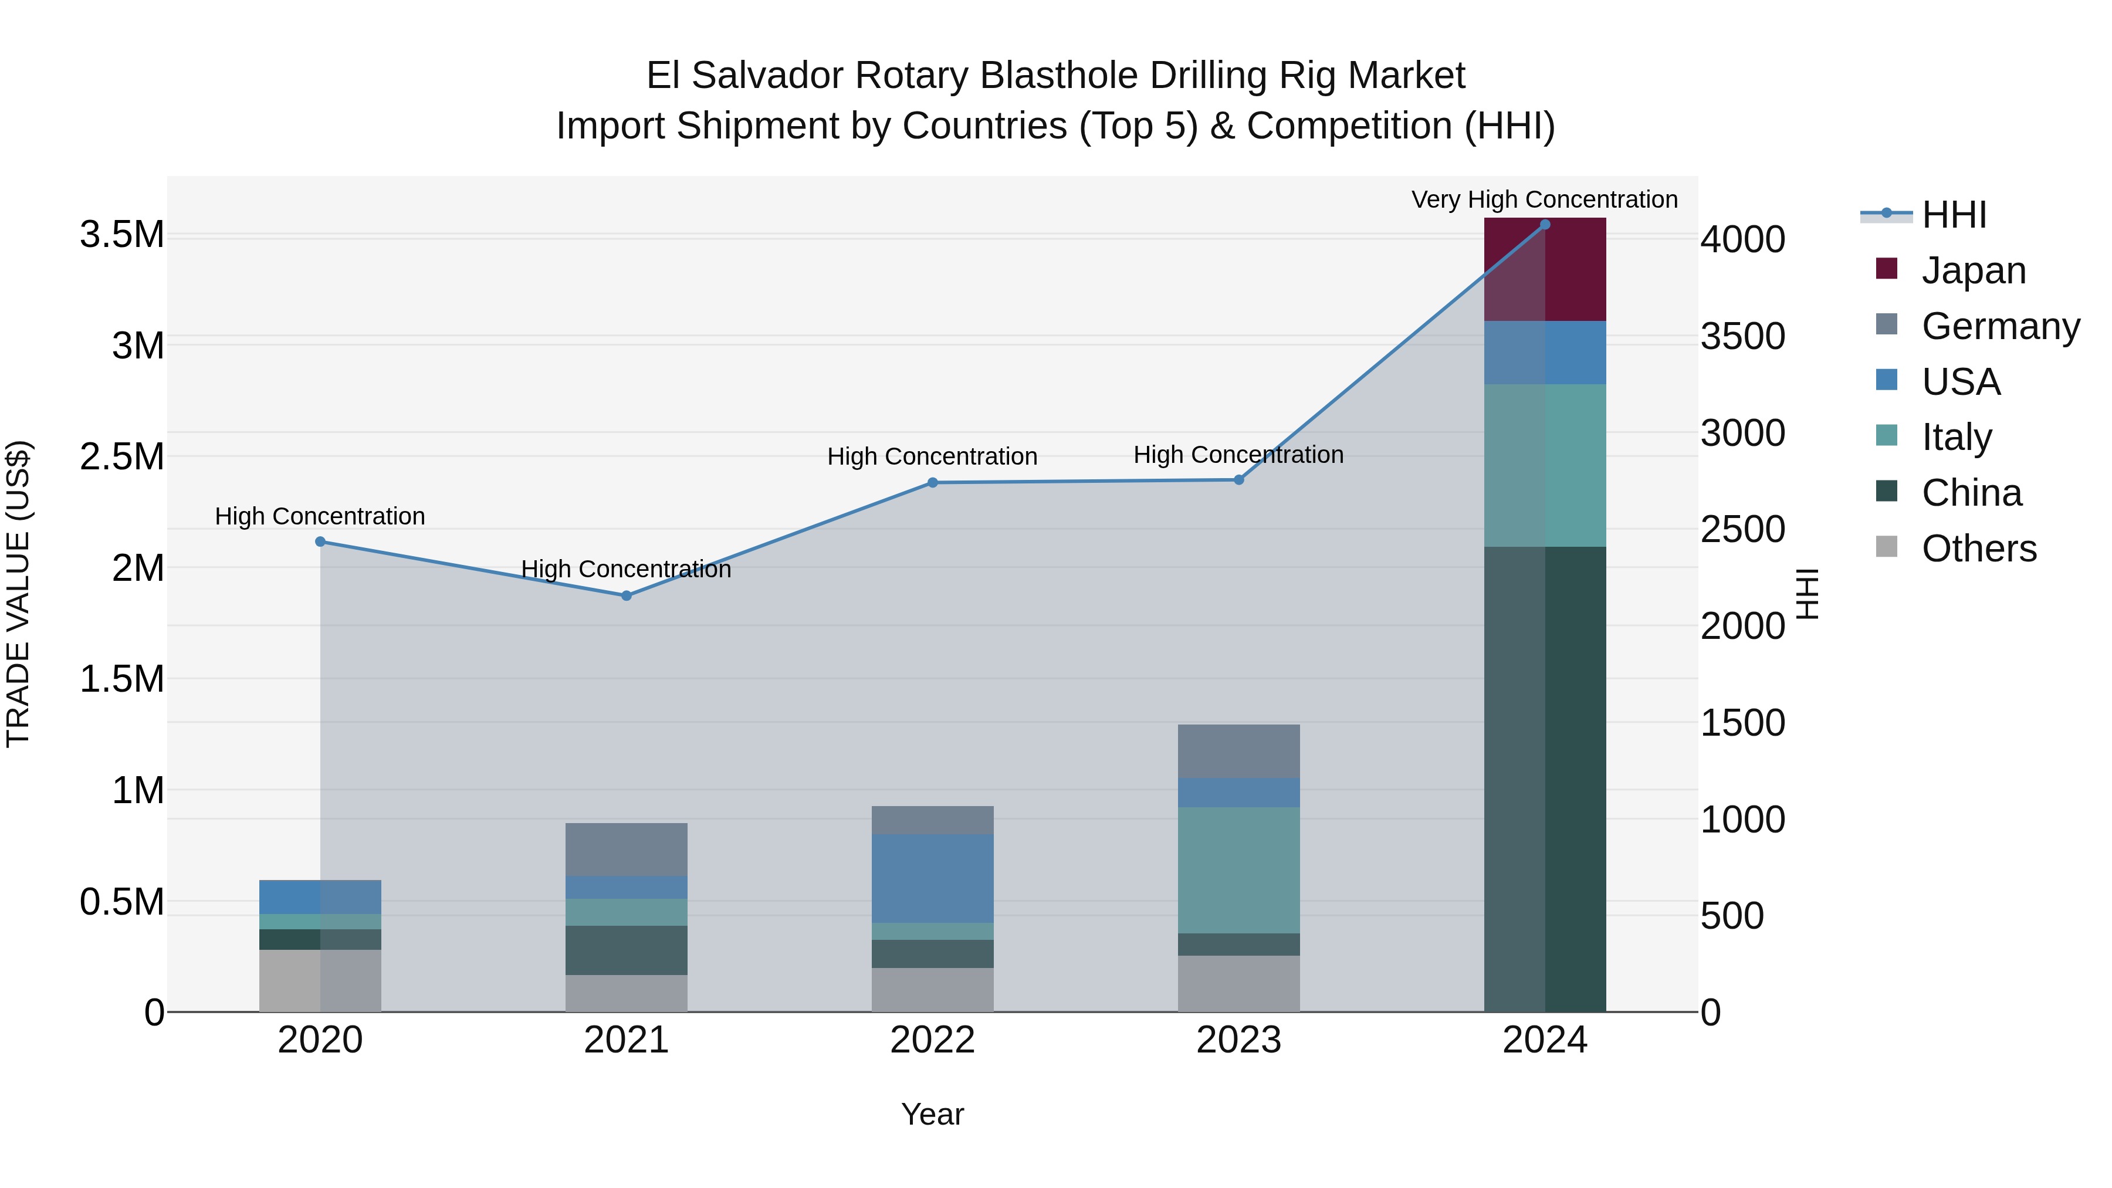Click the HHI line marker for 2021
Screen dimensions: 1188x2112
[627, 596]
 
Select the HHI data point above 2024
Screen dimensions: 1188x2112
[1545, 225]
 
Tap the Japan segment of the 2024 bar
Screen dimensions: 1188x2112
[1545, 270]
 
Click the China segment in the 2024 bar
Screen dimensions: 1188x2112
[1545, 779]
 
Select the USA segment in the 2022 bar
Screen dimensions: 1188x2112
[932, 878]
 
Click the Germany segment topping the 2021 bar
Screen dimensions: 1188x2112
[627, 849]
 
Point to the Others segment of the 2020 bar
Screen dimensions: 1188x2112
[320, 980]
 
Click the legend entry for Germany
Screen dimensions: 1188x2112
[2001, 326]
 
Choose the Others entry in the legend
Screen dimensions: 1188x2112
[1978, 549]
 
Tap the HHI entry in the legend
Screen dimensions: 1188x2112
[1954, 215]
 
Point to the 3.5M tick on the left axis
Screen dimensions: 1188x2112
[121, 235]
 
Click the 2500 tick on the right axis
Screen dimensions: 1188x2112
[1742, 530]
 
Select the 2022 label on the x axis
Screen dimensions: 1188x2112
[932, 1040]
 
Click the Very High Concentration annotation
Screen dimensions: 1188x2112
[1544, 199]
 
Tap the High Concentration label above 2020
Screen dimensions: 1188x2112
[320, 516]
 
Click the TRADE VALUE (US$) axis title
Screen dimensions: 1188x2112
[18, 594]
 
